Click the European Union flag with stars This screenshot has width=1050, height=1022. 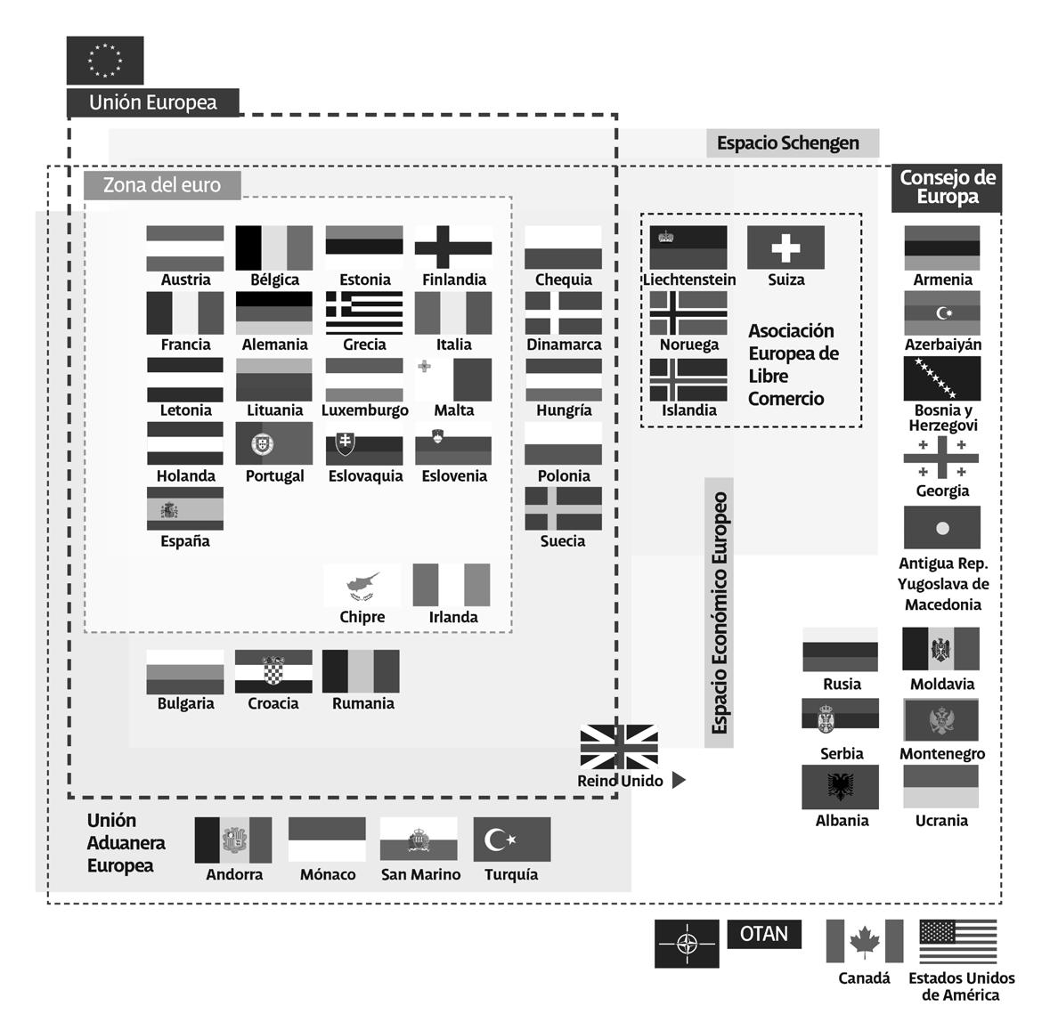coord(105,61)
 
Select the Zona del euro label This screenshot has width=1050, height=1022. coord(162,185)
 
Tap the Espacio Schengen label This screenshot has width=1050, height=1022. coord(788,142)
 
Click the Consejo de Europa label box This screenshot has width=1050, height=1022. coord(947,187)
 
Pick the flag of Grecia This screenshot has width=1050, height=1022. coord(363,312)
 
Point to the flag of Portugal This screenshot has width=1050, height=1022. coord(274,443)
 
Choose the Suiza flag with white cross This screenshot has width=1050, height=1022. coord(785,247)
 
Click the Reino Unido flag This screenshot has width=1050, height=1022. coord(619,747)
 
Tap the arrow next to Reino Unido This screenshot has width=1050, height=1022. coord(679,781)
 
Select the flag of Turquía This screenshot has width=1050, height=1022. coord(511,839)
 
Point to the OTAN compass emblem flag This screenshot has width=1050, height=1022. coord(687,944)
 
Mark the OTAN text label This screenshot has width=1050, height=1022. coord(763,934)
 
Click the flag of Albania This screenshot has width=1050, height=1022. coord(841,787)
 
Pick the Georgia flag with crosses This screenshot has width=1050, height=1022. coord(941,458)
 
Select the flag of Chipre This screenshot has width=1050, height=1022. coord(362,585)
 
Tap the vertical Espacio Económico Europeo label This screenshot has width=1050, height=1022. coord(719,612)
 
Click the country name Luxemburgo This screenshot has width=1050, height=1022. coord(364,410)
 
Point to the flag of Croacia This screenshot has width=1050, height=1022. coord(273,671)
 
